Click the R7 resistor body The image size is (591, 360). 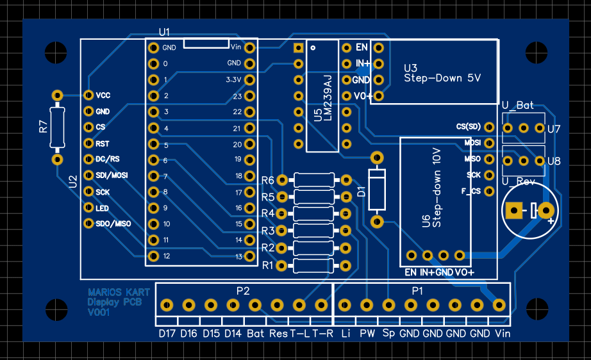tap(57, 126)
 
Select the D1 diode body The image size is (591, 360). tap(377, 189)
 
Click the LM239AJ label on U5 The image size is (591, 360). tap(328, 99)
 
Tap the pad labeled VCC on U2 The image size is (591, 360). tap(88, 95)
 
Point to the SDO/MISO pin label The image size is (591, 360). tap(113, 224)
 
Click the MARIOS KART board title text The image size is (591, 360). tap(119, 292)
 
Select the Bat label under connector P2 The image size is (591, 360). tap(256, 334)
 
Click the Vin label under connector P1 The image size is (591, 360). tap(503, 334)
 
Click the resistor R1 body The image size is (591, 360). tap(312, 265)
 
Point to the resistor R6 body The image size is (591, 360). tap(312, 179)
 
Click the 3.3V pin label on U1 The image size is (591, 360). tap(233, 80)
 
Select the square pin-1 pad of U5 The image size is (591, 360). tap(298, 48)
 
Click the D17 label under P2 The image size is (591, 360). tap(167, 334)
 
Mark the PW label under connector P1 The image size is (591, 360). tap(367, 334)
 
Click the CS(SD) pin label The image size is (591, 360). tap(468, 127)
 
